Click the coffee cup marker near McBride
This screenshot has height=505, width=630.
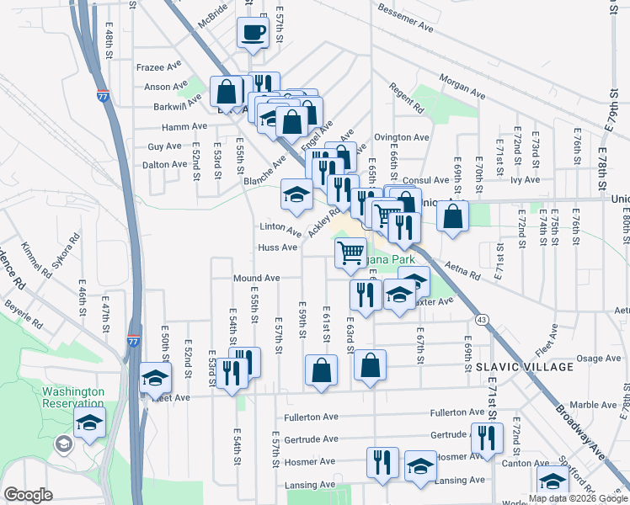[x=254, y=34]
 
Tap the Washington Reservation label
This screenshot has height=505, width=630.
[x=73, y=398]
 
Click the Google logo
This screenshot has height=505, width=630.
[x=28, y=495]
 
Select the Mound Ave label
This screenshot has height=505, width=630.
[x=256, y=278]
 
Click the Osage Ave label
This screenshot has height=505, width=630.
[x=598, y=359]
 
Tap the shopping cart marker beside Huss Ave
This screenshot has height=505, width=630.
[x=350, y=252]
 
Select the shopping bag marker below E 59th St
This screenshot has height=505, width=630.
[x=321, y=369]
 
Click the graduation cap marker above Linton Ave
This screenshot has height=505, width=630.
[x=296, y=195]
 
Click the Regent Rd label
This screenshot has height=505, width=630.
[x=406, y=98]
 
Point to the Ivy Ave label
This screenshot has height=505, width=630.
[x=525, y=179]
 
